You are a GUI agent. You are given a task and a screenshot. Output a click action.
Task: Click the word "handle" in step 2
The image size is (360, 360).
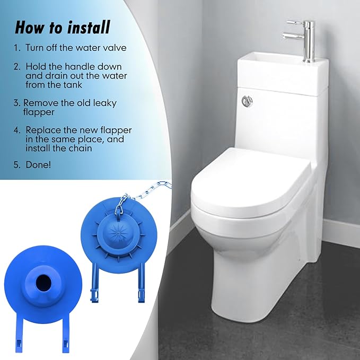point(65,67)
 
